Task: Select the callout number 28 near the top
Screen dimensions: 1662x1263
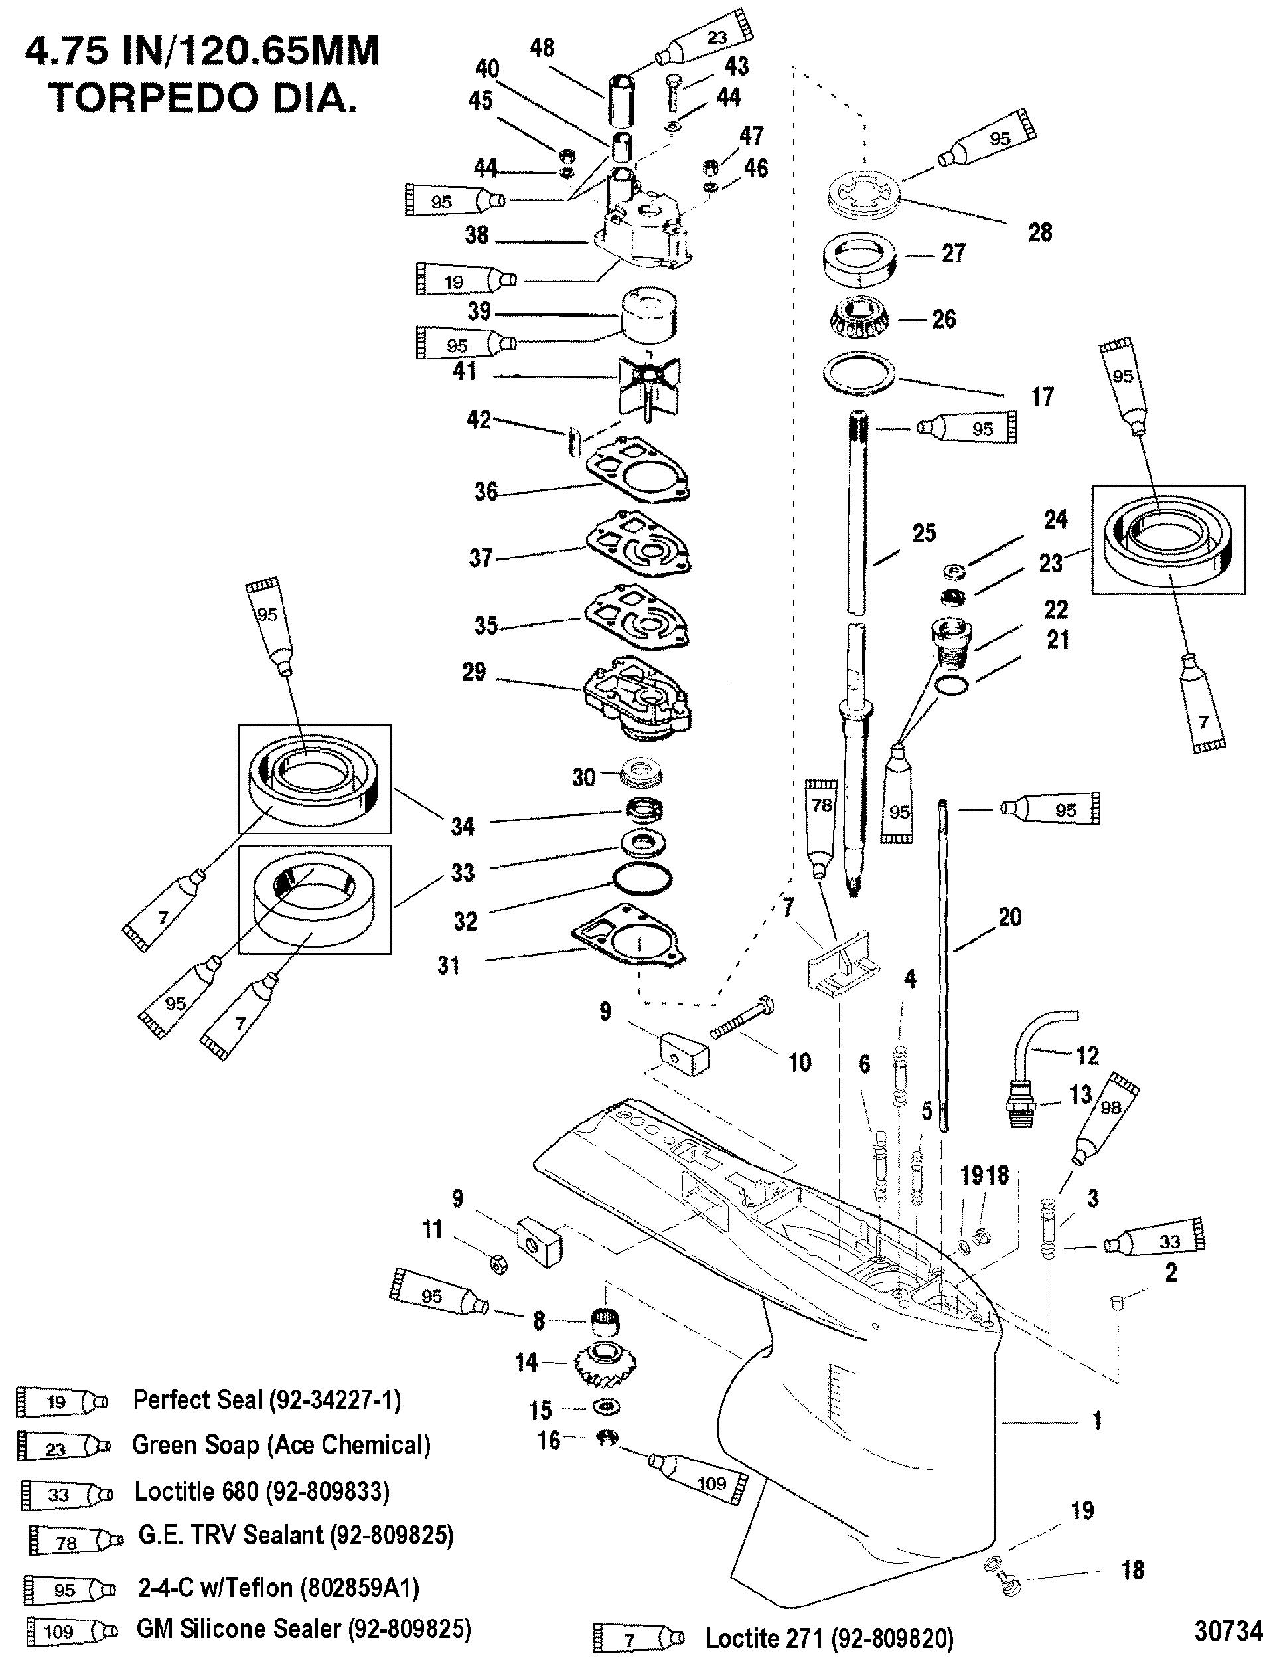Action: pos(1040,232)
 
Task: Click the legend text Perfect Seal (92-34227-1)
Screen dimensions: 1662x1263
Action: pos(266,1400)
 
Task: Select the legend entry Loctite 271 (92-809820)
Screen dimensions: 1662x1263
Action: pos(828,1638)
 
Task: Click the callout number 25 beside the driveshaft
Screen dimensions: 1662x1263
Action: pos(924,533)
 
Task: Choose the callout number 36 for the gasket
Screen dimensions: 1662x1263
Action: pos(486,492)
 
